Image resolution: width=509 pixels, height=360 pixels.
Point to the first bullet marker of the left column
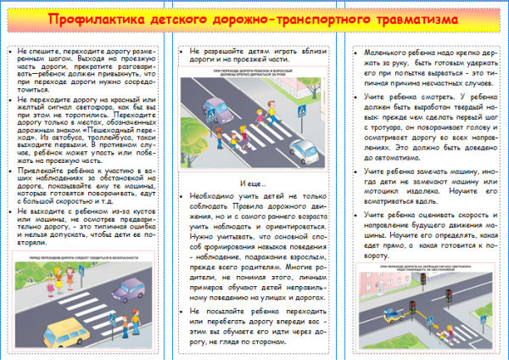click(13, 53)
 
